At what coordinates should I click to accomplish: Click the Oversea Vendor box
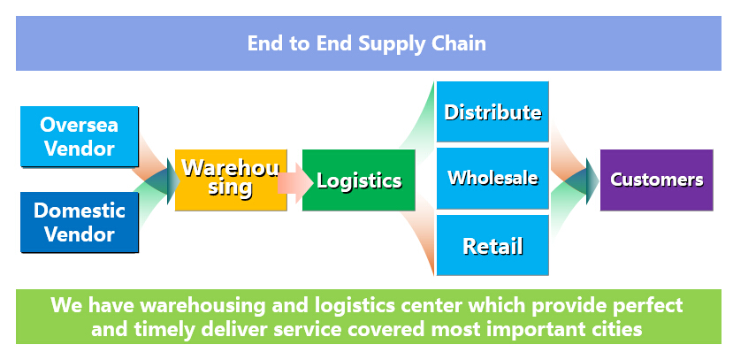pyautogui.click(x=80, y=136)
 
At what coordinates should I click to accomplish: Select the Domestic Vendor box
pyautogui.click(x=80, y=222)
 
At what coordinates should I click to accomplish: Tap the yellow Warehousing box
pyautogui.click(x=231, y=180)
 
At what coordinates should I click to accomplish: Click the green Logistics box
pyautogui.click(x=359, y=180)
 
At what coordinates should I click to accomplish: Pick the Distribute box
pyautogui.click(x=492, y=111)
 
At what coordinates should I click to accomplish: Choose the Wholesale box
pyautogui.click(x=492, y=178)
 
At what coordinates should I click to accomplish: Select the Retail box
pyautogui.click(x=492, y=245)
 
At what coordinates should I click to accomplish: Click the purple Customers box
pyautogui.click(x=656, y=180)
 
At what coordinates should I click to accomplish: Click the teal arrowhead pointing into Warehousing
pyautogui.click(x=173, y=181)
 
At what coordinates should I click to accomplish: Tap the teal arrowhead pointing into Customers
pyautogui.click(x=592, y=181)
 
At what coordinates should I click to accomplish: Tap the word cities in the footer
pyautogui.click(x=617, y=329)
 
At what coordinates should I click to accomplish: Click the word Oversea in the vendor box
pyautogui.click(x=79, y=125)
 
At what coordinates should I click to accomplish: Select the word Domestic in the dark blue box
pyautogui.click(x=80, y=211)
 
